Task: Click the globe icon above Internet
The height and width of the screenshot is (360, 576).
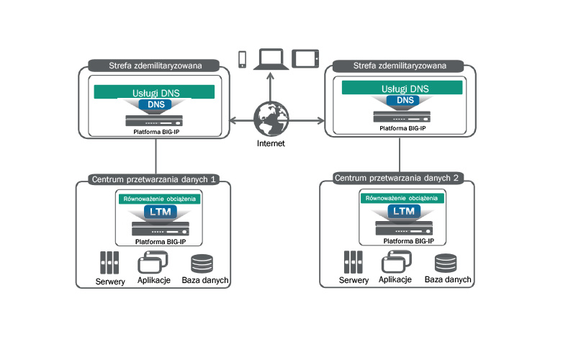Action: (271, 119)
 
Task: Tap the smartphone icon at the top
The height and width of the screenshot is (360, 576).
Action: (242, 58)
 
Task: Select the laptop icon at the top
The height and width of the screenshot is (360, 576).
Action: (272, 58)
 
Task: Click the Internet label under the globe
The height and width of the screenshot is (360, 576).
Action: (271, 143)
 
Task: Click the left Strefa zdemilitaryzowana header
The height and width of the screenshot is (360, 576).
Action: (155, 66)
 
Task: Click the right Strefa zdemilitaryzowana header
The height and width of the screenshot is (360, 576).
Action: (400, 66)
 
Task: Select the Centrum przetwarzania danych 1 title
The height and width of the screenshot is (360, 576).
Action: (154, 179)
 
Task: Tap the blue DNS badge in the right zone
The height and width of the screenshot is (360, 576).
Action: (405, 101)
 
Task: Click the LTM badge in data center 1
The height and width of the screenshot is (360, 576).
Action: (159, 212)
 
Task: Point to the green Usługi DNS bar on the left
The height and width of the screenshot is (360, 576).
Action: (155, 92)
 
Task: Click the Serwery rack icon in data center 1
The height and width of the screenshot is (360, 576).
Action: (109, 263)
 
